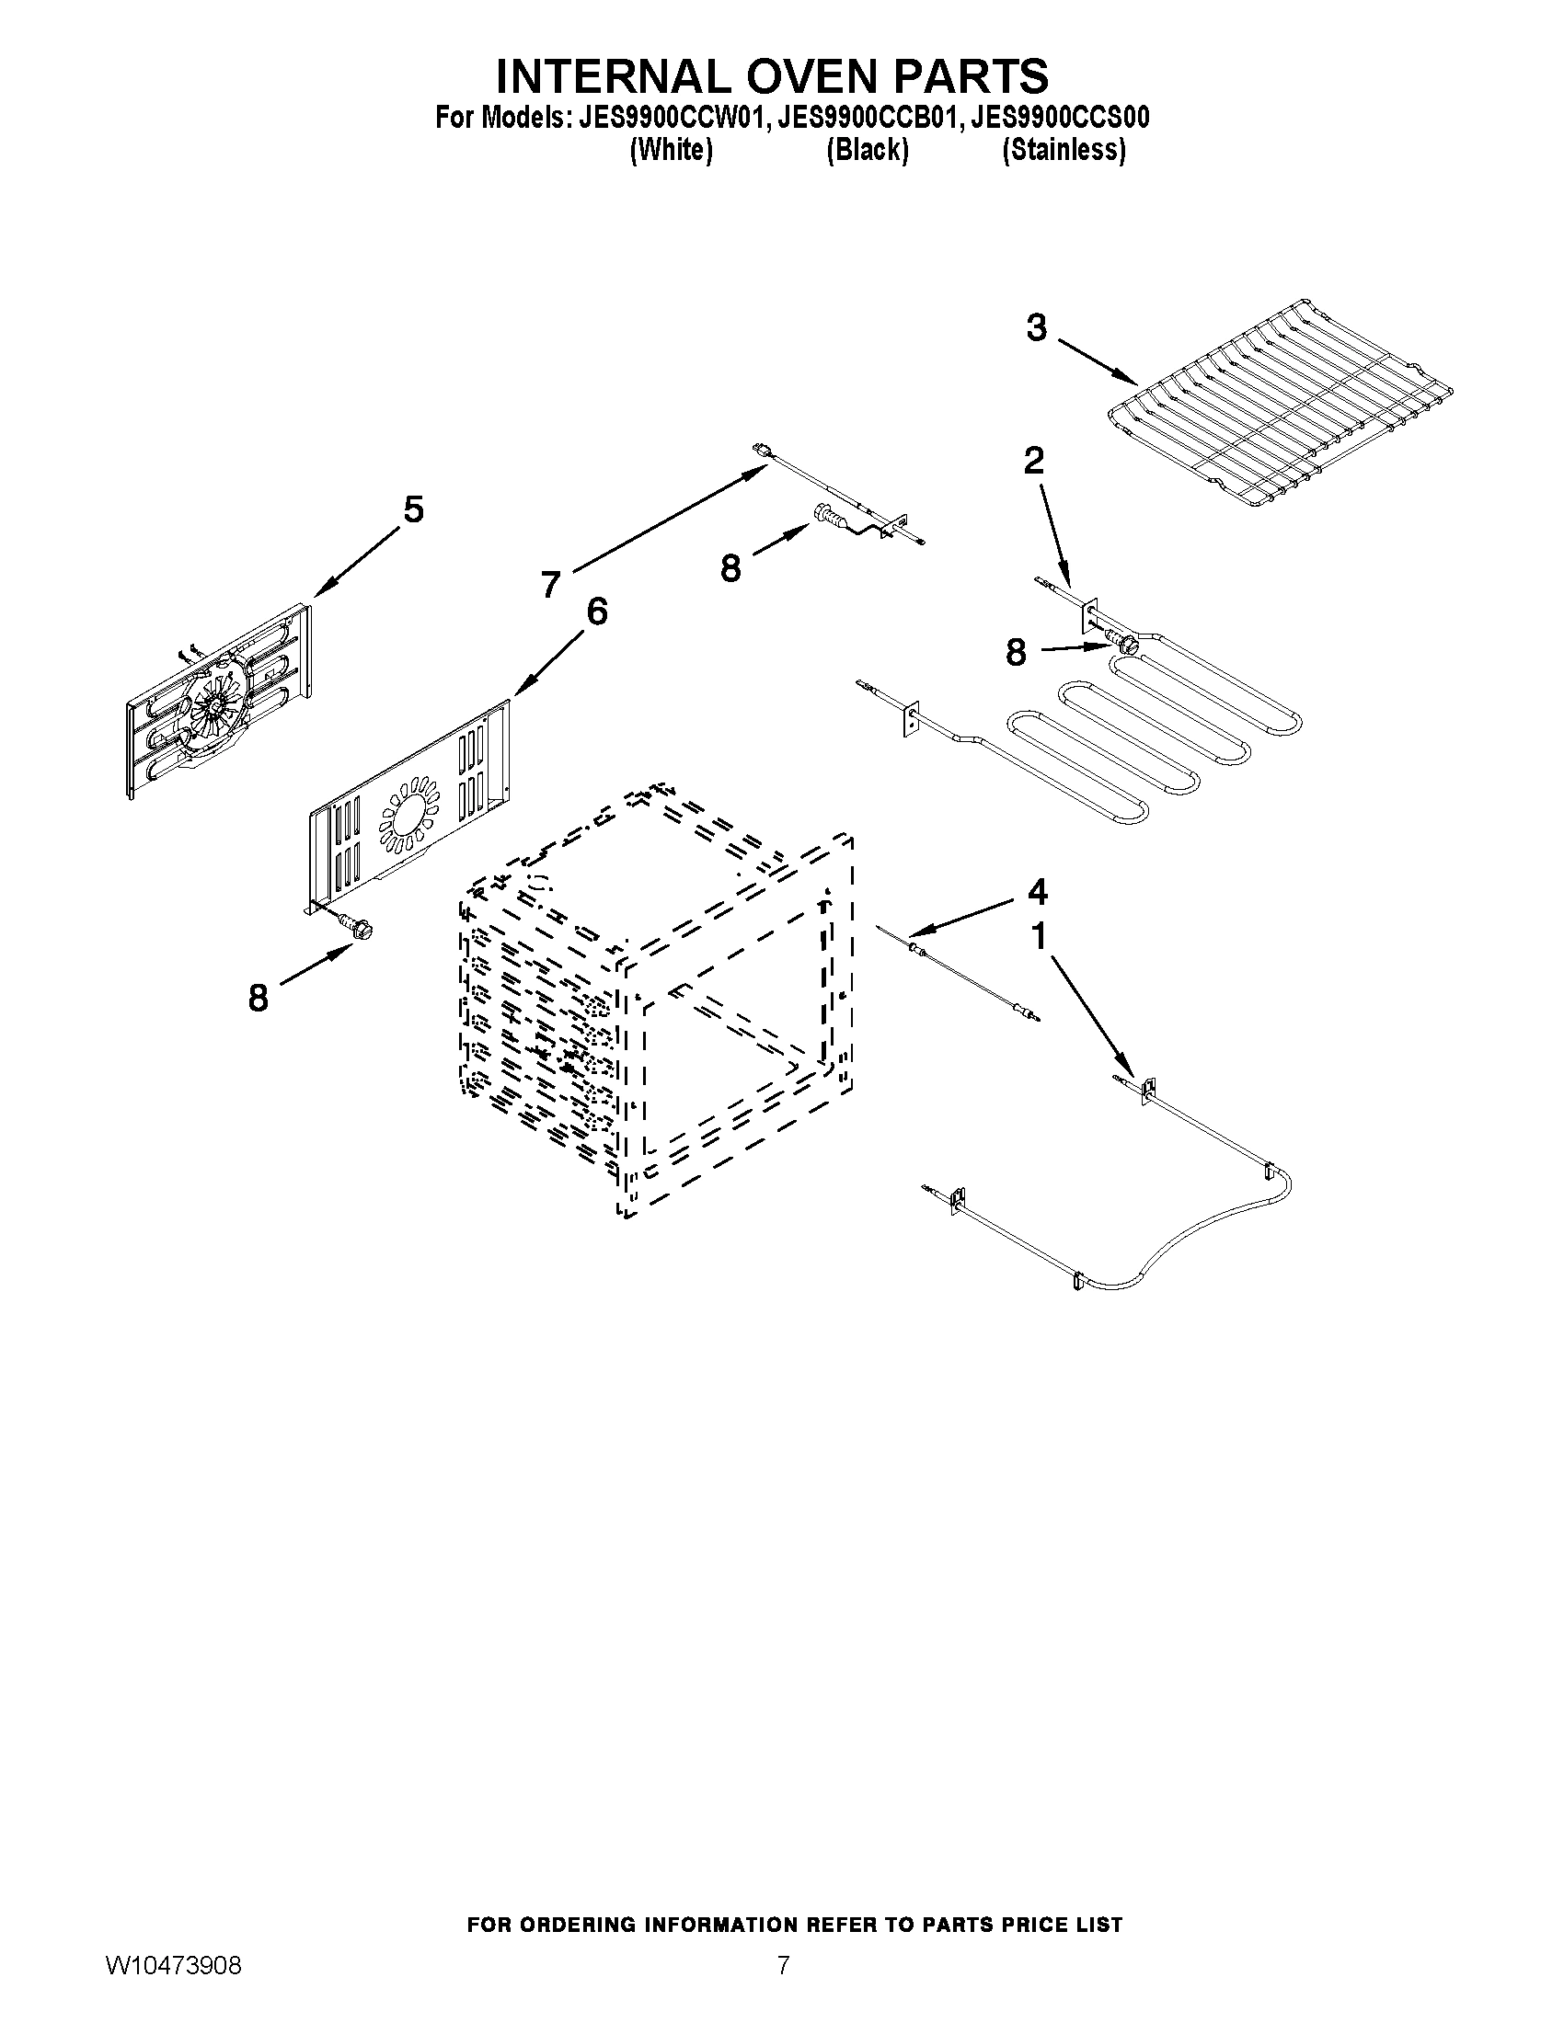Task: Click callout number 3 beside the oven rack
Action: click(1037, 328)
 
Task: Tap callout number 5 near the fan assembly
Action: click(413, 509)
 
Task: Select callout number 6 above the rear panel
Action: click(597, 611)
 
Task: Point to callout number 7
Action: click(551, 585)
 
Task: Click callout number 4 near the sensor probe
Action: click(1037, 892)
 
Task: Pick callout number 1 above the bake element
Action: click(1039, 936)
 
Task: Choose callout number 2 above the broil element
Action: click(1033, 461)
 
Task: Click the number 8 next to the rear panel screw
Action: click(258, 999)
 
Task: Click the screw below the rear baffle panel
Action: click(355, 923)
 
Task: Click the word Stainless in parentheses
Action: click(1064, 150)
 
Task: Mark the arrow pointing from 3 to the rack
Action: click(1098, 362)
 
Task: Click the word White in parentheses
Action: click(671, 150)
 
